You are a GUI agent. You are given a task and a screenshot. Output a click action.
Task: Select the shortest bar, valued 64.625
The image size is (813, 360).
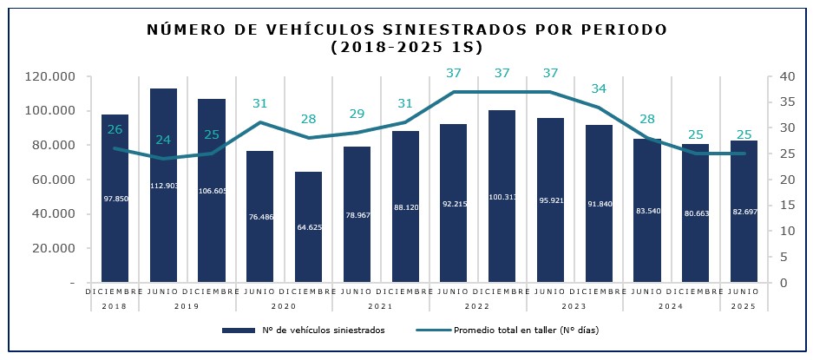(x=308, y=226)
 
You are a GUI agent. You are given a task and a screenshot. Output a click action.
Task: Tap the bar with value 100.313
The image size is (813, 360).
(x=502, y=196)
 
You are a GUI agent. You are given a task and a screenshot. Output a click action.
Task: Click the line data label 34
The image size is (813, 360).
(x=599, y=88)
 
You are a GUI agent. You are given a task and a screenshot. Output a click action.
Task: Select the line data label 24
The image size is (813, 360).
(x=163, y=140)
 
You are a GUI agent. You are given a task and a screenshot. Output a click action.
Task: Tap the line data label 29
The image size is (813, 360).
(x=357, y=114)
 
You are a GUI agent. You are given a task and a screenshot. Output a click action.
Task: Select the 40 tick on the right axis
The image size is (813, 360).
(x=787, y=76)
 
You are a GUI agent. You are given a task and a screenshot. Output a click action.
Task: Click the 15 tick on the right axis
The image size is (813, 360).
(x=786, y=206)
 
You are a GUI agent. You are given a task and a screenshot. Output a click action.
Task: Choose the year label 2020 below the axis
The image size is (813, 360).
(x=284, y=306)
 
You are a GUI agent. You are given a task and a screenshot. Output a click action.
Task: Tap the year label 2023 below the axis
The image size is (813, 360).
(x=574, y=306)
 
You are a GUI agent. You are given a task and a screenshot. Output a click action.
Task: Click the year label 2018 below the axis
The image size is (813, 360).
(x=115, y=306)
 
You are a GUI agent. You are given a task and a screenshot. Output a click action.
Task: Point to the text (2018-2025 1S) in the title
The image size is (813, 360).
(x=406, y=47)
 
